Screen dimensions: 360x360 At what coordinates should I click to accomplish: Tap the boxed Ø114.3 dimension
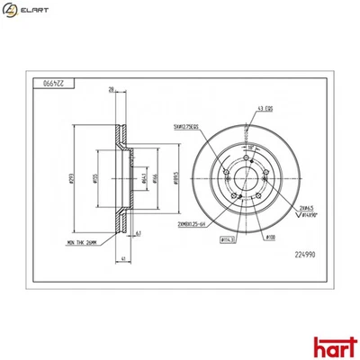coord(229,239)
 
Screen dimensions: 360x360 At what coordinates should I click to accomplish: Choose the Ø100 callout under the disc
coord(270,238)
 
